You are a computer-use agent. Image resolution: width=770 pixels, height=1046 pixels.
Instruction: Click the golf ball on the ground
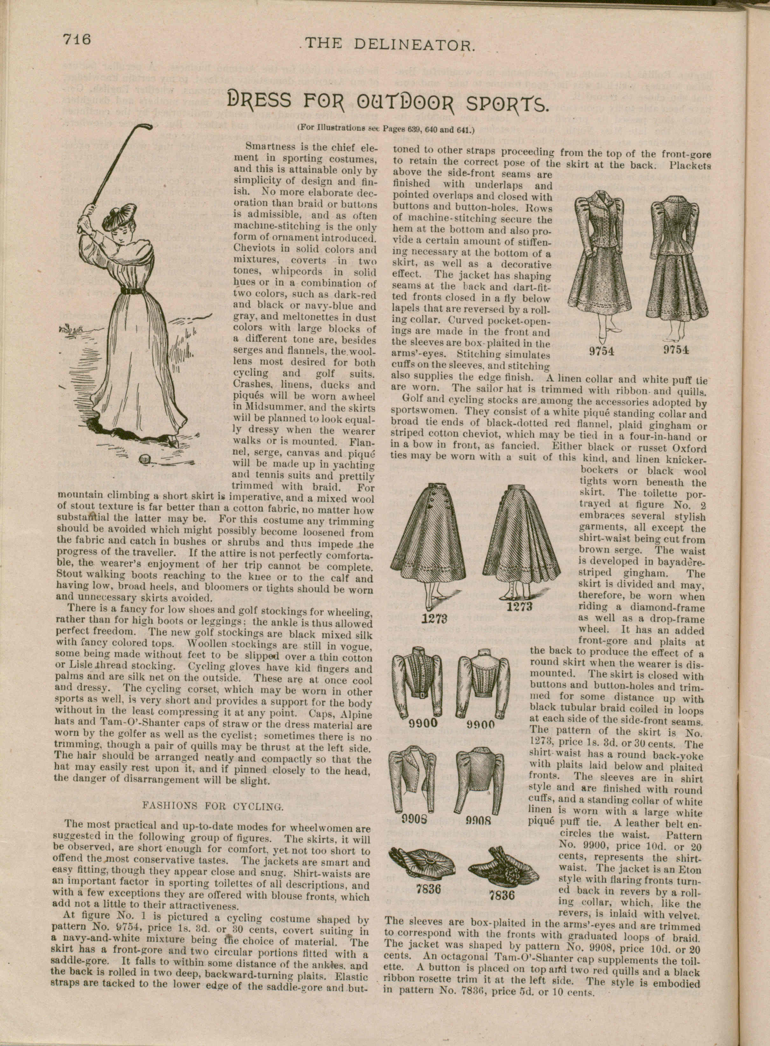[x=145, y=459]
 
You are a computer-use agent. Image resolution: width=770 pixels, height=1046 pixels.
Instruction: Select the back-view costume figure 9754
[x=677, y=261]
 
